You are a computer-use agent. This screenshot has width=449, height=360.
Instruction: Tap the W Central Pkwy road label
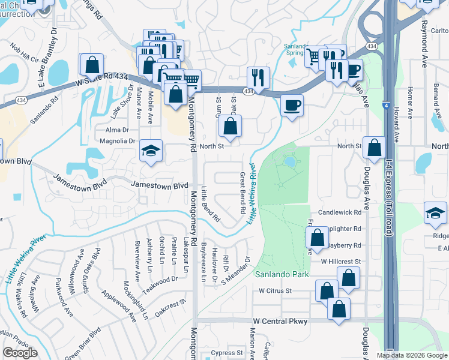tap(280, 322)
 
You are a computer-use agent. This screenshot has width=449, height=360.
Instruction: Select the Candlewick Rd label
tap(340, 212)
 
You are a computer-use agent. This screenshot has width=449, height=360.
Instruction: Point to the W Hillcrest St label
tap(340, 262)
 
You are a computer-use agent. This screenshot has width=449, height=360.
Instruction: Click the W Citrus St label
tap(275, 290)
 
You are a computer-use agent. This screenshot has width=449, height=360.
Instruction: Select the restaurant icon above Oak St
tap(258, 77)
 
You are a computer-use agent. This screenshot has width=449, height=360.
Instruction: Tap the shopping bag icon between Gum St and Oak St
tap(229, 126)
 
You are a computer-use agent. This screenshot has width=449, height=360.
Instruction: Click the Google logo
tap(20, 352)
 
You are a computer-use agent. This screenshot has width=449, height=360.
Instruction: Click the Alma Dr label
tap(117, 130)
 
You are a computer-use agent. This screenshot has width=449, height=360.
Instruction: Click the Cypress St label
tap(227, 353)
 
